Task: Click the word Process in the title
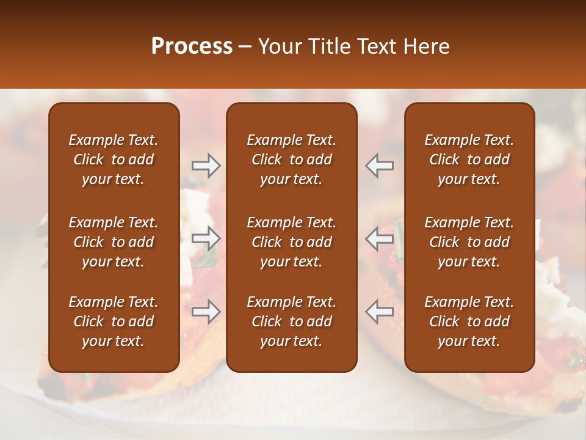click(x=192, y=46)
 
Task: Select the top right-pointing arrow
click(x=206, y=166)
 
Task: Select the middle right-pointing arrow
click(x=206, y=238)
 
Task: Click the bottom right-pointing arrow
click(x=206, y=311)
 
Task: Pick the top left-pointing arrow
click(x=380, y=166)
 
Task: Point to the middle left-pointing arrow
click(x=380, y=238)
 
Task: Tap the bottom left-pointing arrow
click(x=380, y=311)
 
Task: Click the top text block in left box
click(x=114, y=159)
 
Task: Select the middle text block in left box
click(x=114, y=242)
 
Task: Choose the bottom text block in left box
click(x=114, y=321)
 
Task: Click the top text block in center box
click(x=291, y=159)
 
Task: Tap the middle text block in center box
click(x=291, y=242)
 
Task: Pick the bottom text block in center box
click(x=291, y=321)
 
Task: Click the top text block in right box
click(x=469, y=159)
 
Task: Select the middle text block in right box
click(x=469, y=242)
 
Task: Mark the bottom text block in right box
click(x=469, y=321)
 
